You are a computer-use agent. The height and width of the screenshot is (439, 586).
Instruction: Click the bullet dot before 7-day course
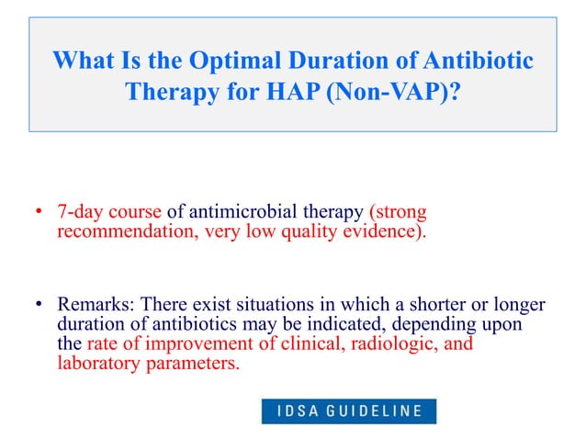click(39, 212)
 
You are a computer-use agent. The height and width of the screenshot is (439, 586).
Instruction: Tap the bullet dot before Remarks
click(39, 304)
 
